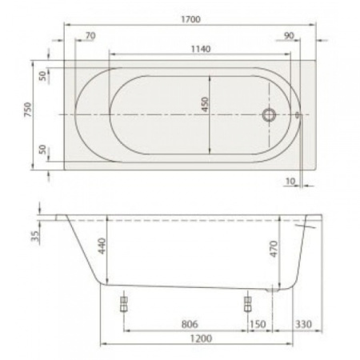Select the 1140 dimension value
200,49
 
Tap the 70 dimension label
90,36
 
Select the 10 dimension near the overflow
290,182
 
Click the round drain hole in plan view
270,115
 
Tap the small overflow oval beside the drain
298,115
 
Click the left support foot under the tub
124,303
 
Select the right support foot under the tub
247,303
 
